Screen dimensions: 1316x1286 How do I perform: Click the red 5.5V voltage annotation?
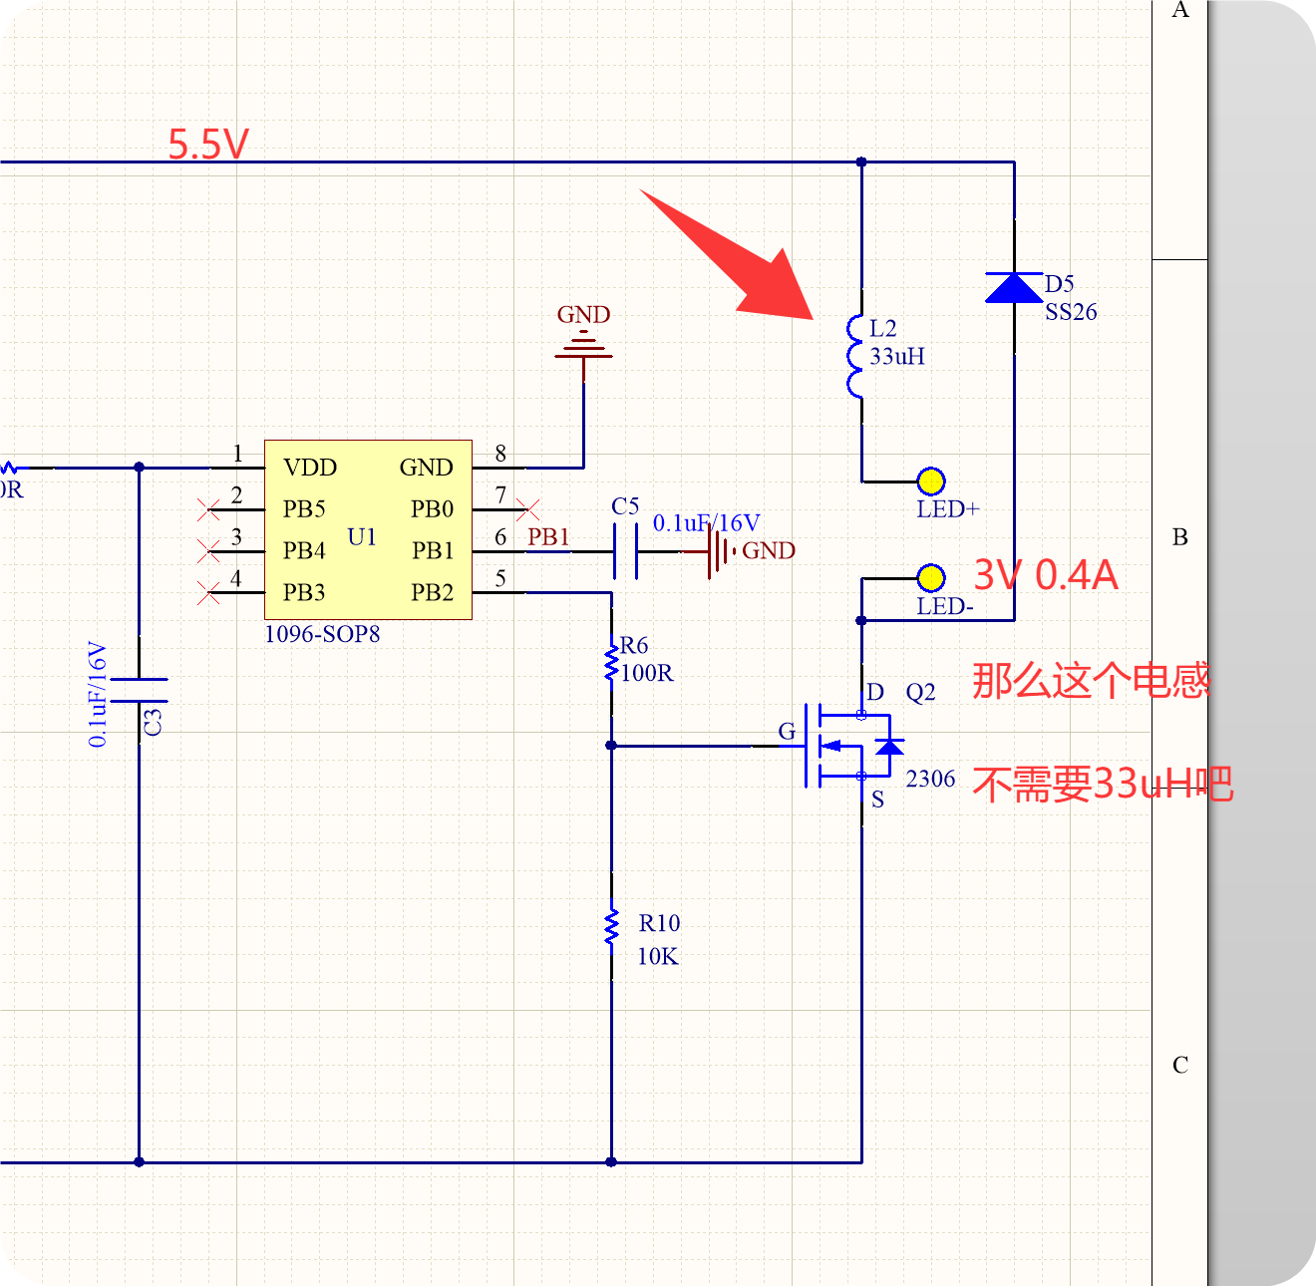(x=208, y=144)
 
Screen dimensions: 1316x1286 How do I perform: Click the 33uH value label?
(x=896, y=356)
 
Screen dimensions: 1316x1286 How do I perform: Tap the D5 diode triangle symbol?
(x=1014, y=287)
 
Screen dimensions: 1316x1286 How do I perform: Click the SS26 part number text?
(x=1071, y=312)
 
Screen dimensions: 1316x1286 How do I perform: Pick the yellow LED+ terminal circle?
(x=931, y=482)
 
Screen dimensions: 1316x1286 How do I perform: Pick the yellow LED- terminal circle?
(x=931, y=578)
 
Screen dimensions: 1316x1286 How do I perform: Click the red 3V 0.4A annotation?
(x=1046, y=575)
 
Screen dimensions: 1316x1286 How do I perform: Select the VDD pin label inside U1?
(x=310, y=468)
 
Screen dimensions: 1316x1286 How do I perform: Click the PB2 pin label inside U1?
(x=432, y=592)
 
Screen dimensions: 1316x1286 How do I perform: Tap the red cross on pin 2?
(x=208, y=509)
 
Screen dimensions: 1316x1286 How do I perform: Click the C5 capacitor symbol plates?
(x=625, y=551)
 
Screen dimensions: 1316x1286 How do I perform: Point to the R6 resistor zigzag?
(x=611, y=663)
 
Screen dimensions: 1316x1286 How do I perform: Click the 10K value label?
(x=658, y=957)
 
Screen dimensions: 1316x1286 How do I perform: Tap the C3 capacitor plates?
(x=140, y=690)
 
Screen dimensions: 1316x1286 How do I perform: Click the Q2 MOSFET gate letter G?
(x=787, y=732)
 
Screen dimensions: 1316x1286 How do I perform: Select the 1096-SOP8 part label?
(x=322, y=634)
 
